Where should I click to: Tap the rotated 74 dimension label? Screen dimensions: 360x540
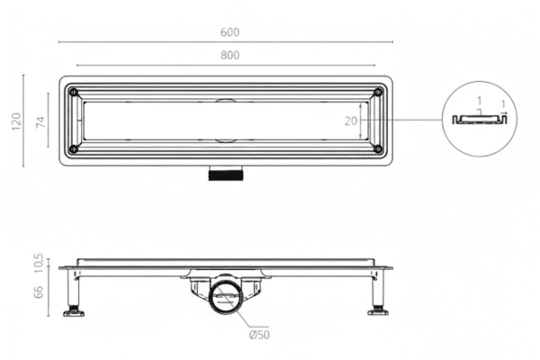(40, 121)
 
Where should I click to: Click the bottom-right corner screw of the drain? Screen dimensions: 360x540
(376, 148)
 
